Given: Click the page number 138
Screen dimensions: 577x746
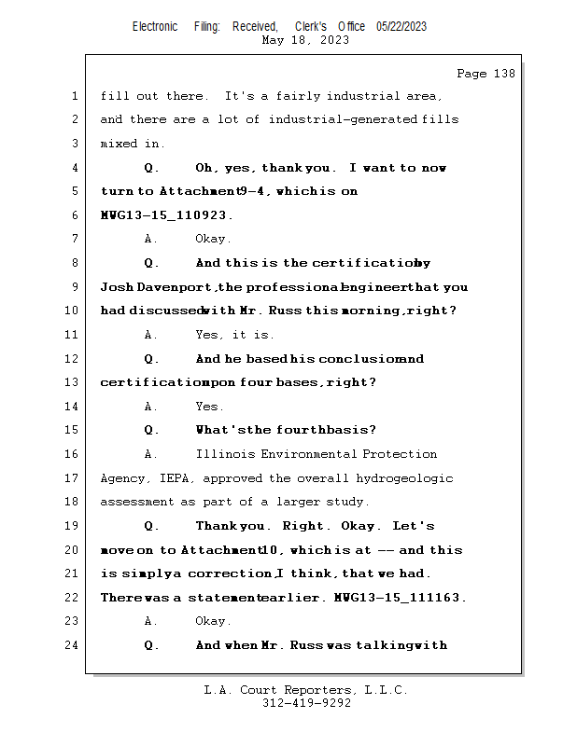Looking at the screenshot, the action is pyautogui.click(x=504, y=74).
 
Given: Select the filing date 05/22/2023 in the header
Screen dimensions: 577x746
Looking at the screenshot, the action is pyautogui.click(x=401, y=27).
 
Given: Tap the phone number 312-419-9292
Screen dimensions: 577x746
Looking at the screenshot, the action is pyautogui.click(x=306, y=703).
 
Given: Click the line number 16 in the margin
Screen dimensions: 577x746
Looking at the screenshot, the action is pyautogui.click(x=71, y=454).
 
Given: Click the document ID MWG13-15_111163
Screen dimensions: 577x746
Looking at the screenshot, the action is pyautogui.click(x=400, y=597).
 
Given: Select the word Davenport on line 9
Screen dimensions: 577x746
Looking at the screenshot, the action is pyautogui.click(x=174, y=287).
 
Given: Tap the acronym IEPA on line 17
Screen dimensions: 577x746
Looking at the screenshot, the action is pyautogui.click(x=176, y=478).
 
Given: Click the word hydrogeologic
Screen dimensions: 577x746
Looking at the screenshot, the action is pyautogui.click(x=404, y=478).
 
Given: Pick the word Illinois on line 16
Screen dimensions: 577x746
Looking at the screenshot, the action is pyautogui.click(x=225, y=454).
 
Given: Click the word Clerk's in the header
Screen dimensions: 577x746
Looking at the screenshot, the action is pyautogui.click(x=311, y=27).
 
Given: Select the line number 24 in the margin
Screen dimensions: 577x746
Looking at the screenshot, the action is pyautogui.click(x=71, y=645).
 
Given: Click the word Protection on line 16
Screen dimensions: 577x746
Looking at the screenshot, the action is pyautogui.click(x=400, y=454).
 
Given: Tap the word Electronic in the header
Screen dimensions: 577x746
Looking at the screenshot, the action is pyautogui.click(x=155, y=27).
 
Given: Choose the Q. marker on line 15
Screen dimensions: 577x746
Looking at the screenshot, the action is pyautogui.click(x=151, y=430).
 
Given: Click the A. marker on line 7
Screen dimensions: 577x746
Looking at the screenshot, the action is pyautogui.click(x=150, y=239).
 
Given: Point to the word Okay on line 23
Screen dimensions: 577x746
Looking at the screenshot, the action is pyautogui.click(x=213, y=621).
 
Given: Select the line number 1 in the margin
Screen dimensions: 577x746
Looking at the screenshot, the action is pyautogui.click(x=75, y=96).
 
